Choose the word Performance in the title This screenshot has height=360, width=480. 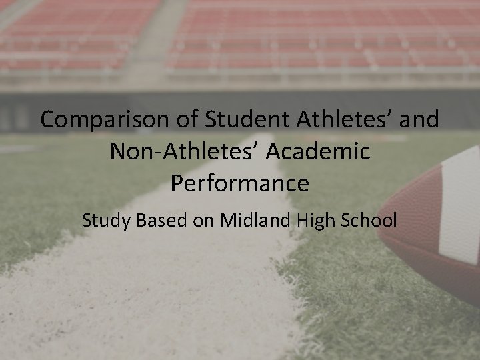pyautogui.click(x=240, y=183)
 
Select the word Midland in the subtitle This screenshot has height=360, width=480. pyautogui.click(x=250, y=219)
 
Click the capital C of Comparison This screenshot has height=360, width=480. pyautogui.click(x=48, y=120)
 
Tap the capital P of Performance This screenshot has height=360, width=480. pyautogui.click(x=177, y=183)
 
